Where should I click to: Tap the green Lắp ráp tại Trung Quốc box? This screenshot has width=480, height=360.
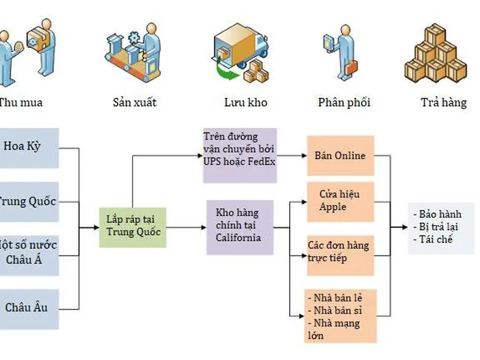pyautogui.click(x=133, y=226)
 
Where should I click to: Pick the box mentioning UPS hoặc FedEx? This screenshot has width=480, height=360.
pyautogui.click(x=239, y=155)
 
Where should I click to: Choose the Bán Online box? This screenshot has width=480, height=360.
pyautogui.click(x=340, y=156)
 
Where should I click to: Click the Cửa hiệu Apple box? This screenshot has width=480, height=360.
pyautogui.click(x=340, y=202)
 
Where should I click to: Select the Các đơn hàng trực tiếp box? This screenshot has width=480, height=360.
pyautogui.click(x=340, y=252)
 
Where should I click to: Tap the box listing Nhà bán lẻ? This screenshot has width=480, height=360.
pyautogui.click(x=340, y=316)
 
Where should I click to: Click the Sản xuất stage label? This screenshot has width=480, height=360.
pyautogui.click(x=134, y=102)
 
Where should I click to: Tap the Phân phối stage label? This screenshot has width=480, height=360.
pyautogui.click(x=344, y=103)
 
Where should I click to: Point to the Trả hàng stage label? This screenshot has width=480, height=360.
pyautogui.click(x=443, y=103)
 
